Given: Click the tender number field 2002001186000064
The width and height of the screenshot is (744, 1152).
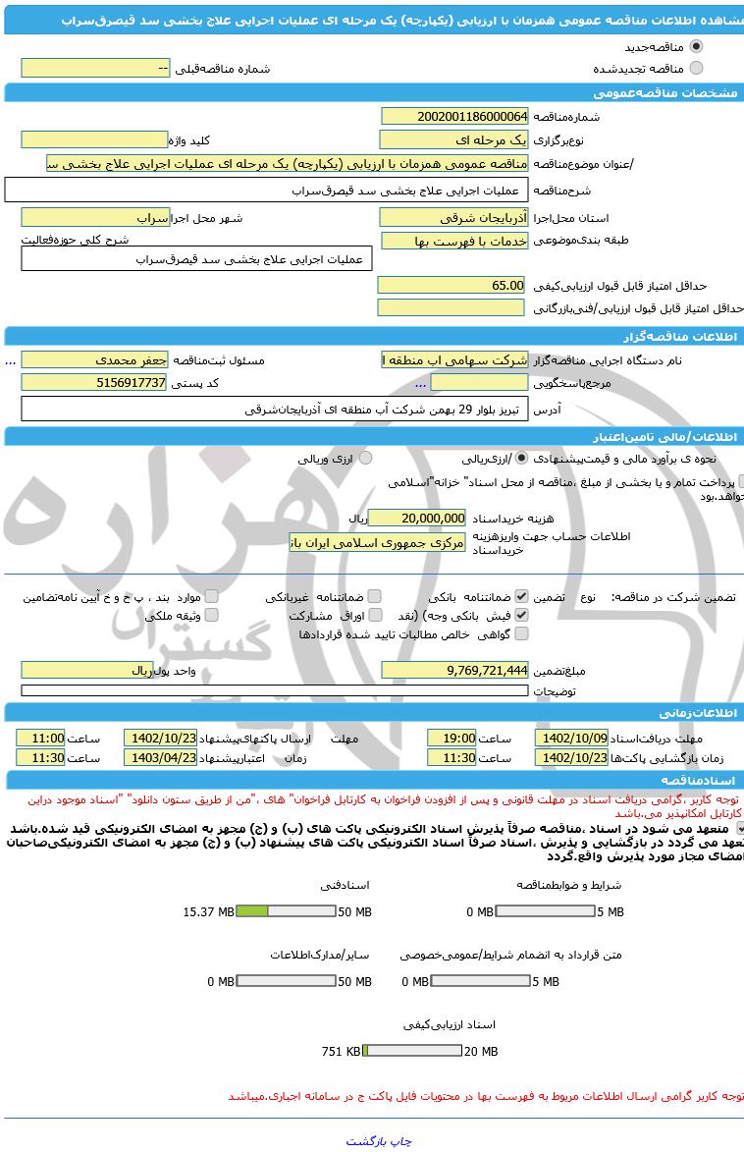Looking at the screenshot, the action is pyautogui.click(x=453, y=116).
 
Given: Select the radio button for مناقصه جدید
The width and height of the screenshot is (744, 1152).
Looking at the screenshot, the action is pyautogui.click(x=697, y=46).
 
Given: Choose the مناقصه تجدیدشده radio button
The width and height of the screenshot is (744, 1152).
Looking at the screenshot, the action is pyautogui.click(x=697, y=68).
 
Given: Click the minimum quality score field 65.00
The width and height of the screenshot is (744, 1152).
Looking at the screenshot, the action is pyautogui.click(x=453, y=285).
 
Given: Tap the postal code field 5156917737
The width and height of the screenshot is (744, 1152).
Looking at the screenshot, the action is pyautogui.click(x=94, y=382).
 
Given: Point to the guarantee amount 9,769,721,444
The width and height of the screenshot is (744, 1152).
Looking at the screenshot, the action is pyautogui.click(x=454, y=670).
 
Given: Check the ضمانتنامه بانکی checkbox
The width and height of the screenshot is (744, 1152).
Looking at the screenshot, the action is pyautogui.click(x=521, y=596).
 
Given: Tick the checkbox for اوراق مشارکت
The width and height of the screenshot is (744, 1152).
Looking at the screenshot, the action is pyautogui.click(x=374, y=615).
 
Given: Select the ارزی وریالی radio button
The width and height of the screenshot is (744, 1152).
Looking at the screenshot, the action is pyautogui.click(x=365, y=458).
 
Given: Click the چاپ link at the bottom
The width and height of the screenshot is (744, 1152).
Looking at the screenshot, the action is pyautogui.click(x=401, y=1141).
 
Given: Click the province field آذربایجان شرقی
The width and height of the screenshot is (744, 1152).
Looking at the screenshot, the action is pyautogui.click(x=453, y=217).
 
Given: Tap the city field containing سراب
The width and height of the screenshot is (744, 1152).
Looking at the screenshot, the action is pyautogui.click(x=95, y=217).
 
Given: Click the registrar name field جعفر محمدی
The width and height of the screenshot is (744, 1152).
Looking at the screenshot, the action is pyautogui.click(x=94, y=360).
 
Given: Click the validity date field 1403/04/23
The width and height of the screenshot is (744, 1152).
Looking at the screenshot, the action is pyautogui.click(x=160, y=758).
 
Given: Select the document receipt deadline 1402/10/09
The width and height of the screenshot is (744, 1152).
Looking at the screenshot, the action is pyautogui.click(x=571, y=738).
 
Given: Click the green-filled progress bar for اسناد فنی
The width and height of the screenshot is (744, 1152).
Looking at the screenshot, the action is pyautogui.click(x=253, y=911).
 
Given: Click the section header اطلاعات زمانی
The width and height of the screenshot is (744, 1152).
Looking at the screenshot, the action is pyautogui.click(x=687, y=712).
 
